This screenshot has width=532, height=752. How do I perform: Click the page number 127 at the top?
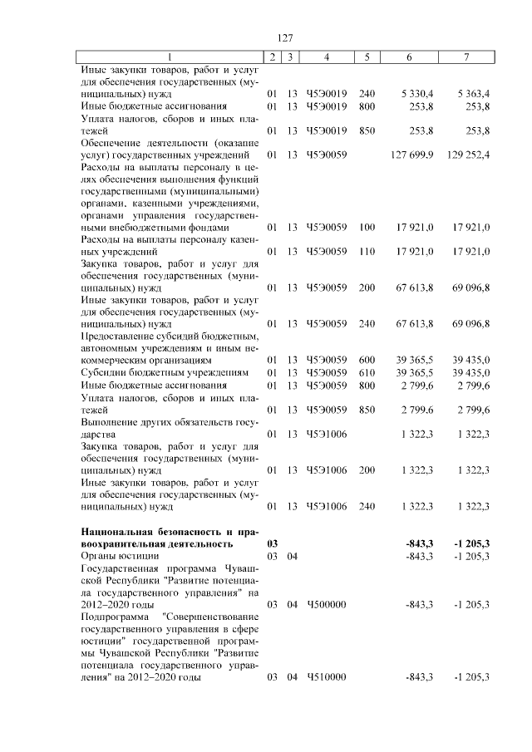point(285,37)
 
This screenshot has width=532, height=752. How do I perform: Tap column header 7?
point(466,57)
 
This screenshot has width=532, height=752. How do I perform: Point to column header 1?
point(170,57)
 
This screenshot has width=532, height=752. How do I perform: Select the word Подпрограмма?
point(115,617)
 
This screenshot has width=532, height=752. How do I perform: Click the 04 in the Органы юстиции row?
point(291,556)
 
